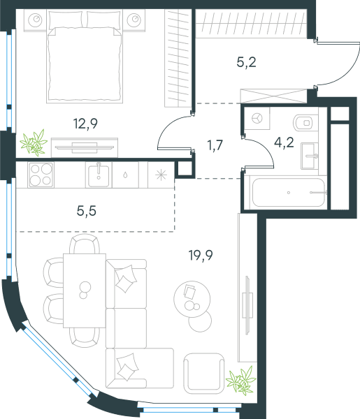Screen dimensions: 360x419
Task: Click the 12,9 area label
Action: [x=85, y=124]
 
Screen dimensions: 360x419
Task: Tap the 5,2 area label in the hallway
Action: [x=246, y=62]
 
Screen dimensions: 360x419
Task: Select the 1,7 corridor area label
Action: [x=215, y=145]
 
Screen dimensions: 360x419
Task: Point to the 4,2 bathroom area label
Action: [x=284, y=142]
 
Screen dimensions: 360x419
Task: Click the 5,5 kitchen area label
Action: [x=87, y=211]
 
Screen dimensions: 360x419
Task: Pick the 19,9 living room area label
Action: [x=201, y=255]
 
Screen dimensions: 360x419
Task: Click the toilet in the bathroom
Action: [x=305, y=123]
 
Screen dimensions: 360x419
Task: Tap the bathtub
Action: [x=289, y=193]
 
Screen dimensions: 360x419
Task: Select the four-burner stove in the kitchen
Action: [x=41, y=175]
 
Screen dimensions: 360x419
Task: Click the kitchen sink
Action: [x=99, y=175]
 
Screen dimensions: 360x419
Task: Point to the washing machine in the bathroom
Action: [x=257, y=119]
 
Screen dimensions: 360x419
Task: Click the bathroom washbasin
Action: [x=310, y=156]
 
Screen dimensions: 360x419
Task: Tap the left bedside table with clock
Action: [x=36, y=20]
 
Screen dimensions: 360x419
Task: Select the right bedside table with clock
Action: [x=134, y=20]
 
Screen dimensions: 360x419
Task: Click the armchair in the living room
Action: [x=204, y=374]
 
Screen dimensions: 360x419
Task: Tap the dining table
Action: [x=85, y=291]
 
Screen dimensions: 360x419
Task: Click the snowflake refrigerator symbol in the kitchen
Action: [x=161, y=175]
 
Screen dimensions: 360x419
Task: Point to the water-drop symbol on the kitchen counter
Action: [x=125, y=175]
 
